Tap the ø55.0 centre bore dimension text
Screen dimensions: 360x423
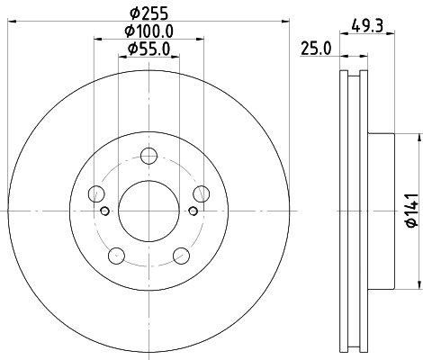(x=149, y=49)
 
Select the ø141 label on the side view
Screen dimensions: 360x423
(x=409, y=211)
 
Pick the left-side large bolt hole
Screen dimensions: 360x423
(x=96, y=193)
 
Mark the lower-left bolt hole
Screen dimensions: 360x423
(x=116, y=254)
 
